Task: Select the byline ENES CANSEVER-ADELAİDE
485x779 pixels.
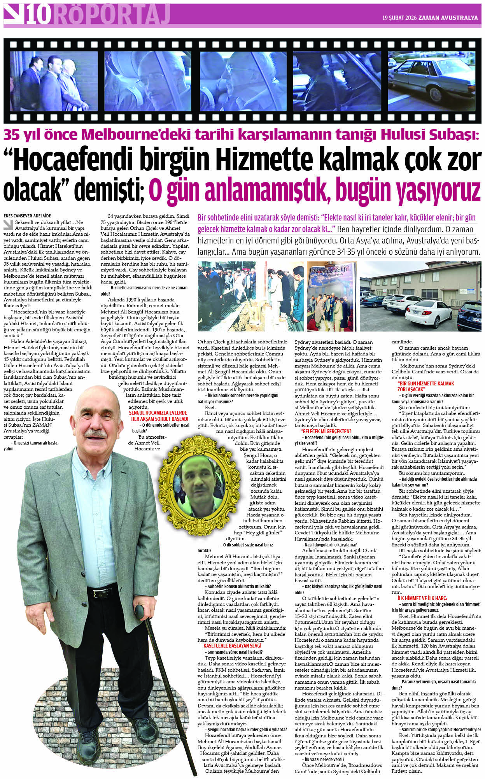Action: coord(27,216)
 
